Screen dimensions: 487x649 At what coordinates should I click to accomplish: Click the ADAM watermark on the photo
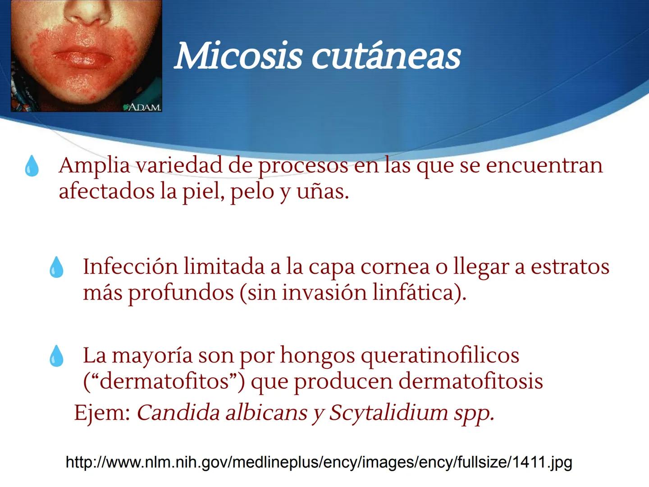(142, 107)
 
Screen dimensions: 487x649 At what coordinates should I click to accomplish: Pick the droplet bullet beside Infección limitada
(56, 267)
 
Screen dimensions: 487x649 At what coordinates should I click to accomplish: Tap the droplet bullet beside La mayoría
(56, 356)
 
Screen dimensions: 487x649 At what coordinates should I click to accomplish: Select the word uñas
(322, 192)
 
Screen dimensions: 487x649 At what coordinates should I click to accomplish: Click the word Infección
(130, 266)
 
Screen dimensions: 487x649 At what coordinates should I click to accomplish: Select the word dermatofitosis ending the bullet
(471, 381)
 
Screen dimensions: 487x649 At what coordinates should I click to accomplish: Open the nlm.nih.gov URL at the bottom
(319, 462)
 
